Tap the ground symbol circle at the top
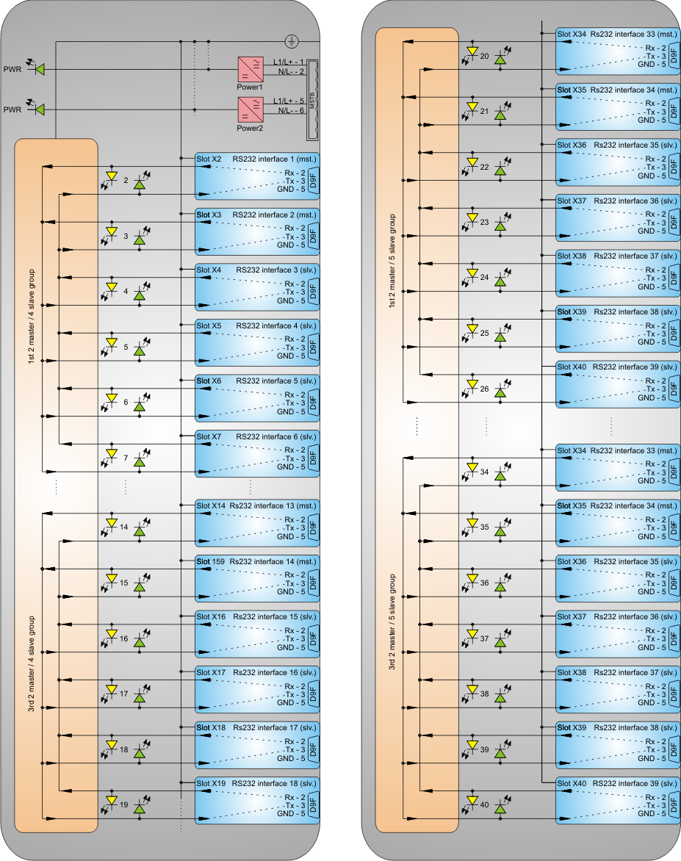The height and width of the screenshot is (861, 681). click(290, 41)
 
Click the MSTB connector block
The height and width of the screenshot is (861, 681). click(311, 99)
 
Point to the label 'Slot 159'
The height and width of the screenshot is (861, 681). click(209, 561)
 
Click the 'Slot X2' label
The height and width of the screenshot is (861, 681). click(209, 159)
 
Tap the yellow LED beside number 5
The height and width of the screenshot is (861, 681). click(112, 343)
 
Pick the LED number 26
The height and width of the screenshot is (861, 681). click(484, 389)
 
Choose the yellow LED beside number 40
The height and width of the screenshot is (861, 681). click(472, 801)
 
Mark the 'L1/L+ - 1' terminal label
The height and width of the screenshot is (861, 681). click(288, 62)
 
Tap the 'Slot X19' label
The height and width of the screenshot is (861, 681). click(210, 783)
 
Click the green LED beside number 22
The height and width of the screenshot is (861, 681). click(500, 170)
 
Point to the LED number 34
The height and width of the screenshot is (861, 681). click(484, 472)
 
